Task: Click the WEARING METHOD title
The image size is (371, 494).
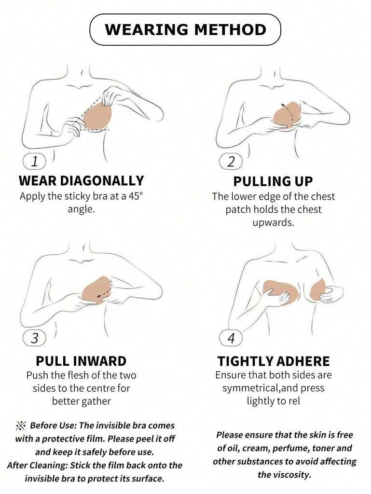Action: (185, 29)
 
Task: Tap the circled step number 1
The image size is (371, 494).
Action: (35, 161)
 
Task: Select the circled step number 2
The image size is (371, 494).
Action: (231, 162)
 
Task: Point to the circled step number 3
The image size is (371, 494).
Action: (35, 338)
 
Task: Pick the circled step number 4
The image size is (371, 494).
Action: (231, 338)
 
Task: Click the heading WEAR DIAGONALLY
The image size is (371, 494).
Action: (81, 181)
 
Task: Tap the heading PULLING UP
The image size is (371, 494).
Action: (273, 181)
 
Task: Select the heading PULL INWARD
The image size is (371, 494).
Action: (81, 361)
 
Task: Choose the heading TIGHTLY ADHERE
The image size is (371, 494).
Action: (274, 361)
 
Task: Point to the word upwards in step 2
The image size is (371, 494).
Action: (273, 223)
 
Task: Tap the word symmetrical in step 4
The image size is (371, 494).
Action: (251, 388)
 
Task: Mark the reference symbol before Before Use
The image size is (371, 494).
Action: (21, 426)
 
